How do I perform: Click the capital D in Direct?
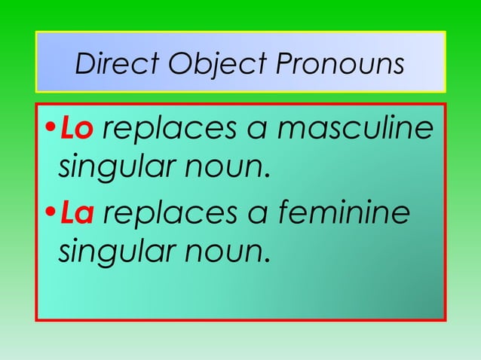coord(84,66)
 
